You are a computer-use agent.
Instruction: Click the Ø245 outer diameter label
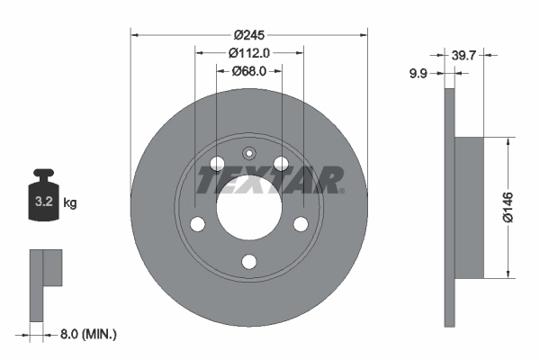(x=249, y=35)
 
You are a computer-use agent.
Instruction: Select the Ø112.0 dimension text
(x=249, y=53)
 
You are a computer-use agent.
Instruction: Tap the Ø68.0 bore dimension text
(x=249, y=72)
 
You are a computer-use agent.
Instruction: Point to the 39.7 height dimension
(x=465, y=56)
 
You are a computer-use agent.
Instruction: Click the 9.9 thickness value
(x=418, y=74)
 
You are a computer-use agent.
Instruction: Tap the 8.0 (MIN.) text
(x=88, y=334)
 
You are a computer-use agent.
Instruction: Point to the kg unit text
(x=70, y=203)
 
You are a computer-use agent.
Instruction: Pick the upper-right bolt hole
(x=282, y=164)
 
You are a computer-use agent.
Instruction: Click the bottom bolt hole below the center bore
(x=249, y=261)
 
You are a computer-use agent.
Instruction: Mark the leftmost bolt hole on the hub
(x=198, y=224)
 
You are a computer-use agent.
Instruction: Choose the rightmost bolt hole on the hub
(x=301, y=224)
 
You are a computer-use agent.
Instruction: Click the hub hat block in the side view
(x=471, y=206)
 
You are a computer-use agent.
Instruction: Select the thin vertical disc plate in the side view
(x=450, y=207)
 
